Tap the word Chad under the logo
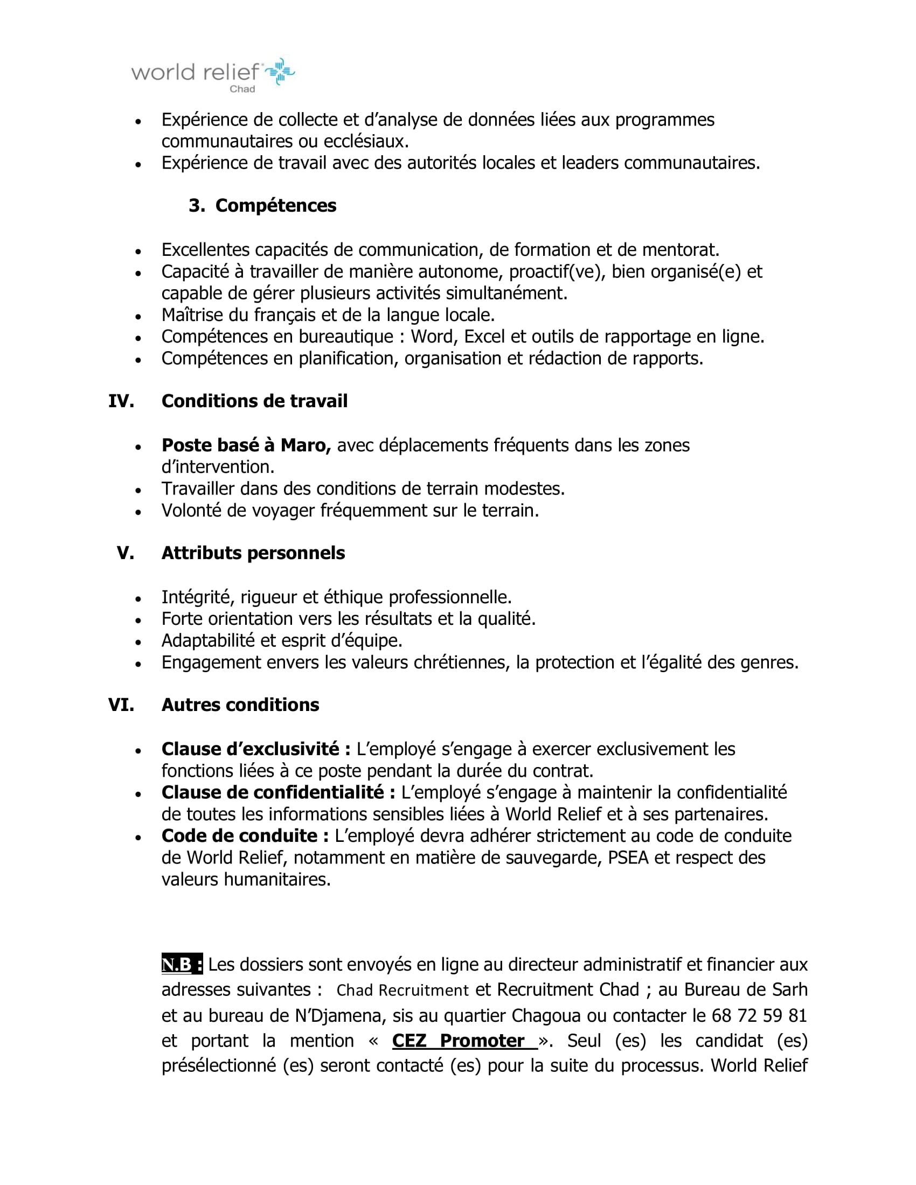(x=242, y=89)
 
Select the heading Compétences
(x=276, y=206)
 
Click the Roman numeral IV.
(x=121, y=401)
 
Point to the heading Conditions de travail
(x=254, y=401)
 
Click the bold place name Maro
(x=305, y=445)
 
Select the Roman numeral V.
(x=126, y=553)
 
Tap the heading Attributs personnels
(x=253, y=553)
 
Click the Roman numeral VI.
(x=121, y=705)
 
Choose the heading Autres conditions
(x=240, y=705)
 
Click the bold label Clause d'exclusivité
(x=256, y=749)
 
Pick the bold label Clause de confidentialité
(x=279, y=793)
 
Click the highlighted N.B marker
(x=182, y=964)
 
